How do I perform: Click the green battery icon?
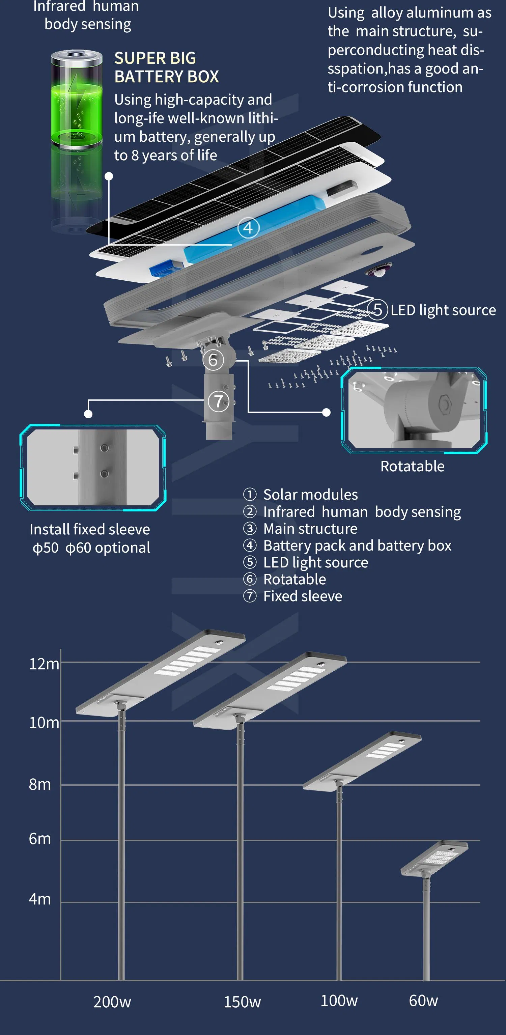click(76, 101)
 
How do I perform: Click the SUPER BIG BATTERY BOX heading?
click(166, 67)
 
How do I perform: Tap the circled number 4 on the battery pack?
click(248, 228)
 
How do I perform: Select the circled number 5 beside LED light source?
click(377, 310)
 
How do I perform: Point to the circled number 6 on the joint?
click(213, 360)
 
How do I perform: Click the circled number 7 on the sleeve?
click(218, 401)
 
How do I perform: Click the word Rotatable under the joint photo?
click(412, 466)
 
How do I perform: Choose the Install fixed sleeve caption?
click(90, 529)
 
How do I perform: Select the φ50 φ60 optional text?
click(91, 548)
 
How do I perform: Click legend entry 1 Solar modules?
click(301, 495)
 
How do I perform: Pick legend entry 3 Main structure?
click(301, 529)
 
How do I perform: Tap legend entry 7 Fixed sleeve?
click(293, 596)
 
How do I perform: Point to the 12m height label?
click(44, 664)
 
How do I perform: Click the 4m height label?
click(39, 899)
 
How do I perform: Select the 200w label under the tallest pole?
click(112, 1002)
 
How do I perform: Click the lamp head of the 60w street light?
click(434, 858)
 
